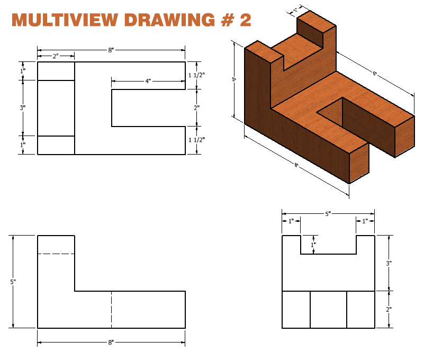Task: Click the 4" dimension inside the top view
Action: pos(148,81)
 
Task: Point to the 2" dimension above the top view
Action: pos(55,56)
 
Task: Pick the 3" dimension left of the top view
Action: pos(23,108)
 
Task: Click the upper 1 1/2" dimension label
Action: pos(197,75)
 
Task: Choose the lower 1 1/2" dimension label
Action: pos(197,140)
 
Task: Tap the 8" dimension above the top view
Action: pos(111,50)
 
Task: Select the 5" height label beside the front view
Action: pos(13,282)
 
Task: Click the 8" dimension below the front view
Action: pos(111,343)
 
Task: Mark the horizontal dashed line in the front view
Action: pos(56,254)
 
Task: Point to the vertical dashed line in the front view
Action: pos(111,309)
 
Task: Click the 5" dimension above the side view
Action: pos(328,214)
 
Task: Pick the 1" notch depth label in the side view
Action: pos(313,245)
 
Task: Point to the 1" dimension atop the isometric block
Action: pos(294,9)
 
